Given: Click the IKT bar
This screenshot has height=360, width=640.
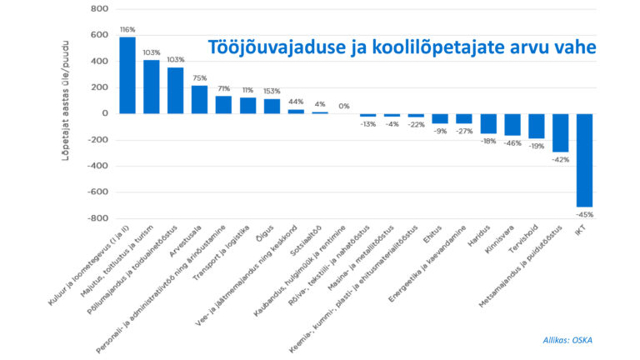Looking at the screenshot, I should click(x=584, y=159).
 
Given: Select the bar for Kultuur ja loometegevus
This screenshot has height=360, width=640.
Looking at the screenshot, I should click(x=127, y=75).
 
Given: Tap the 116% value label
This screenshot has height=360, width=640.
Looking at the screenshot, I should click(x=127, y=30).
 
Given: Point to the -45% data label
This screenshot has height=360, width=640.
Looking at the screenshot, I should click(x=584, y=214).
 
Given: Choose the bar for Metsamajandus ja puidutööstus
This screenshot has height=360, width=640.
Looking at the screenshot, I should click(x=560, y=132).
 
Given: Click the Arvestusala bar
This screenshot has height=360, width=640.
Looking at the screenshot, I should click(x=199, y=99).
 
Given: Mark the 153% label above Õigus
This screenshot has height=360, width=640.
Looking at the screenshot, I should click(x=272, y=91).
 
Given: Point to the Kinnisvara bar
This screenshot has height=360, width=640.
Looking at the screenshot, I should click(x=512, y=124).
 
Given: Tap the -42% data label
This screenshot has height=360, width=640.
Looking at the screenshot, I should click(x=560, y=159).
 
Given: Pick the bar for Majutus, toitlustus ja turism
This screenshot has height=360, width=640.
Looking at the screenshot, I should click(x=152, y=87).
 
